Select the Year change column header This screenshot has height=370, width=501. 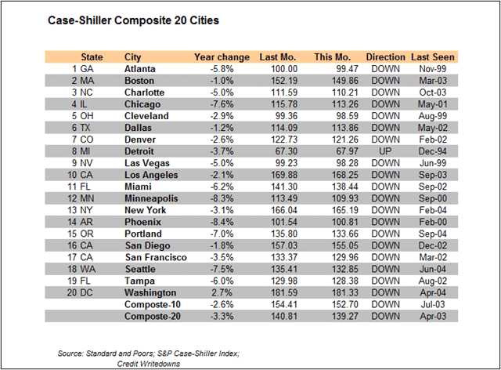(x=222, y=57)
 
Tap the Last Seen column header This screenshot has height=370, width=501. (x=433, y=57)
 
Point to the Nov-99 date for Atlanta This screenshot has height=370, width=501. (x=436, y=69)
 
